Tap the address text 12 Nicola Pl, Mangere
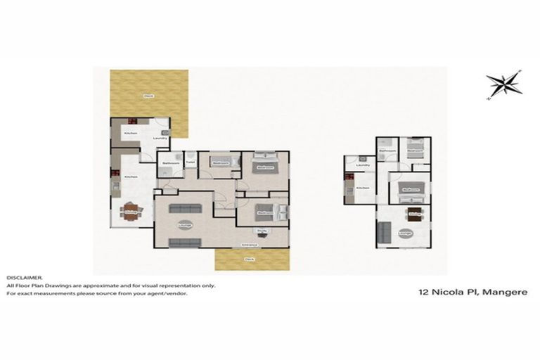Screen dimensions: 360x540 pyautogui.click(x=472, y=292)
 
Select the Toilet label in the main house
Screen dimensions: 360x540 pyautogui.click(x=189, y=163)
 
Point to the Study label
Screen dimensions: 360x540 pyautogui.click(x=262, y=230)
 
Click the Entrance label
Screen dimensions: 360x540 pyautogui.click(x=248, y=244)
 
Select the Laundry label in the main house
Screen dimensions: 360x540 pyautogui.click(x=160, y=138)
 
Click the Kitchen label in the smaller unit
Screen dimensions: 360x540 pyautogui.click(x=362, y=188)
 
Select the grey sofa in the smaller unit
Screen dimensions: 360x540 pyautogui.click(x=384, y=231)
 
